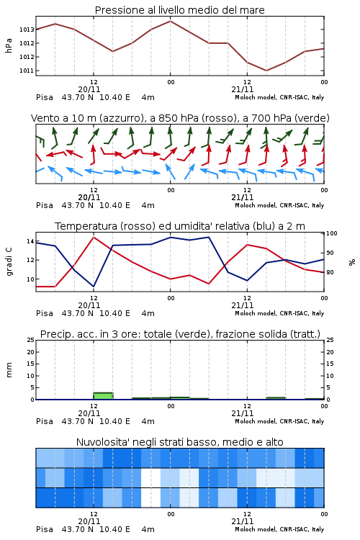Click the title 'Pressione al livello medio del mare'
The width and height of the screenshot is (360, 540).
179,10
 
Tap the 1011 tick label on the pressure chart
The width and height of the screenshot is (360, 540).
27,71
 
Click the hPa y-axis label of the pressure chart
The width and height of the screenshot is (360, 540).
9,46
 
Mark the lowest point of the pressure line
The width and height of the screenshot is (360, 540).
266,71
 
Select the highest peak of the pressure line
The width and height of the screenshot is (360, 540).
170,21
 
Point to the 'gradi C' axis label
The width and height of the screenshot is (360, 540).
9,262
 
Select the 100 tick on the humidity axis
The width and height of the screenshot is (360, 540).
332,233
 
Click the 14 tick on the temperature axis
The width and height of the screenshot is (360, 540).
30,241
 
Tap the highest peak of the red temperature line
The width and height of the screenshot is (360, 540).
94,237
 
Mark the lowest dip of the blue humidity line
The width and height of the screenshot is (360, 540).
94,287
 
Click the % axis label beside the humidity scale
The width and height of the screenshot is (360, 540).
352,262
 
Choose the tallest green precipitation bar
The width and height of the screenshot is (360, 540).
104,396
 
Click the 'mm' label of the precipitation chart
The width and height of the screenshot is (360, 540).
9,370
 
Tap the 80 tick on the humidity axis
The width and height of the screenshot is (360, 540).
330,272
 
